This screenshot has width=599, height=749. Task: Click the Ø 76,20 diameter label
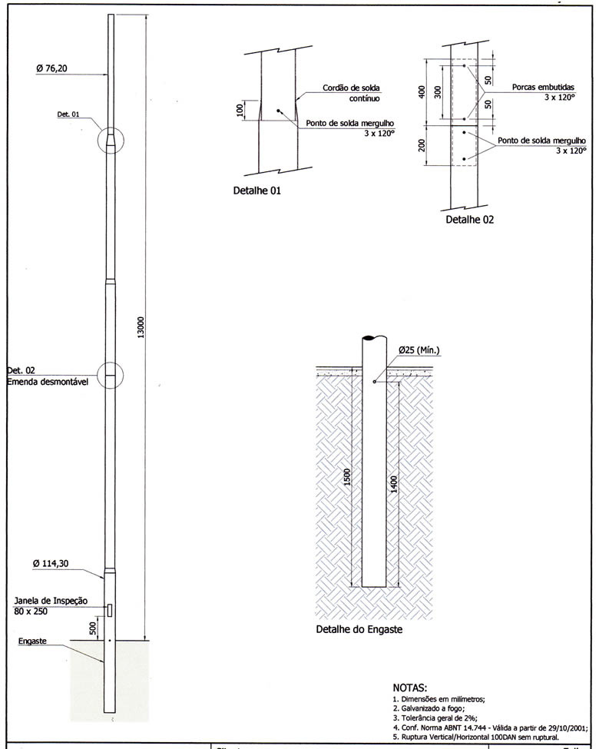click(51, 68)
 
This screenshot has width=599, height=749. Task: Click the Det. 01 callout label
click(68, 114)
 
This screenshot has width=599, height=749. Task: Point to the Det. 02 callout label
click(20, 370)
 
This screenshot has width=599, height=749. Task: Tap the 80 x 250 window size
click(32, 611)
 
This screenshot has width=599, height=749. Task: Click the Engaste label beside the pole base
click(33, 640)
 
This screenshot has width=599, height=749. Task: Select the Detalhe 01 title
click(256, 191)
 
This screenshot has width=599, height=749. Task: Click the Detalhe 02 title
click(470, 220)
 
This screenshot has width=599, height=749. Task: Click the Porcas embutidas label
click(548, 88)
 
